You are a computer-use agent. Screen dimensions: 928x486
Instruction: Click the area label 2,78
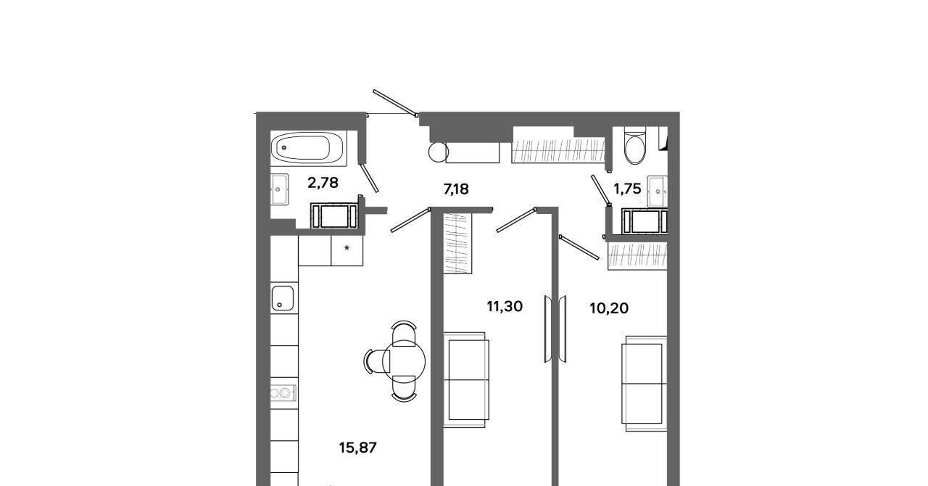(323, 183)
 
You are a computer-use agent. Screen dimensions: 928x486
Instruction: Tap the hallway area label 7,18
(456, 189)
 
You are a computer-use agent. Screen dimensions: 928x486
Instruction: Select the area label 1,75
(627, 189)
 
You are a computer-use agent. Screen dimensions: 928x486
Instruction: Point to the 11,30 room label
(504, 307)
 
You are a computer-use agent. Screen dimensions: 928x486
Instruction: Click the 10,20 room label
(609, 308)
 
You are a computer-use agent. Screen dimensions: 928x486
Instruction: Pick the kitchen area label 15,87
(357, 448)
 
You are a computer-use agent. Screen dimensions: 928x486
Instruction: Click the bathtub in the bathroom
(307, 148)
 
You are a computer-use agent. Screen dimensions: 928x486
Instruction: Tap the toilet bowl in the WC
(634, 148)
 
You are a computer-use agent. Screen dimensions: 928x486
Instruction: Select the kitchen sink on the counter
(283, 297)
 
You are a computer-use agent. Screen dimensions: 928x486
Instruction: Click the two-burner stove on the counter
(283, 392)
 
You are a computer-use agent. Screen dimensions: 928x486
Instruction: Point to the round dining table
(404, 361)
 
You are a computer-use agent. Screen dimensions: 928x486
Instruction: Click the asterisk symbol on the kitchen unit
(347, 248)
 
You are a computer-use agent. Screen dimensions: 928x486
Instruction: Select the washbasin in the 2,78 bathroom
(279, 189)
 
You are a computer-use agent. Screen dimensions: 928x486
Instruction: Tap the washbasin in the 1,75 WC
(658, 191)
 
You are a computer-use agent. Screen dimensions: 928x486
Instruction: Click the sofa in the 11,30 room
(466, 380)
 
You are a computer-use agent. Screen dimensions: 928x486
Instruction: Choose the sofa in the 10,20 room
(644, 384)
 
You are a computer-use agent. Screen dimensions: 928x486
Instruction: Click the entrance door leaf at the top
(395, 102)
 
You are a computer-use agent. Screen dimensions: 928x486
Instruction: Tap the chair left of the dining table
(377, 361)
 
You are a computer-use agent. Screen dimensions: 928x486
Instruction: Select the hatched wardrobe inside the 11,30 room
(457, 243)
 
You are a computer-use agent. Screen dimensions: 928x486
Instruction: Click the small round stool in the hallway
(439, 152)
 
